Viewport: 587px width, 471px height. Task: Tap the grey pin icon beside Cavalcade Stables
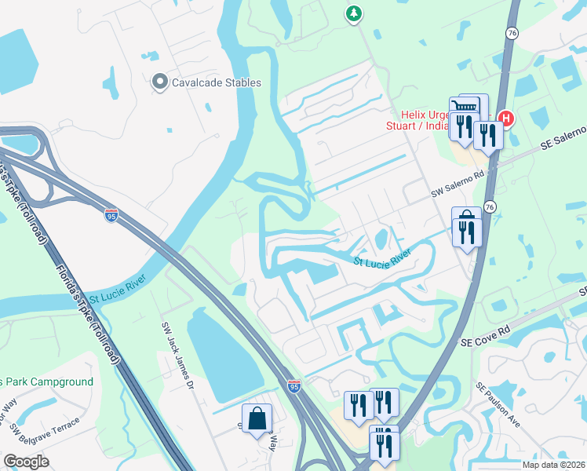coord(160,82)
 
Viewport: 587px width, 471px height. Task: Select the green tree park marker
coord(354,13)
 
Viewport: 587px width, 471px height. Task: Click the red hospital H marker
coord(506,119)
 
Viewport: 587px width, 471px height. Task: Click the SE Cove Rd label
coord(487,342)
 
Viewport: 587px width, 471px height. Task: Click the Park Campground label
coord(47,382)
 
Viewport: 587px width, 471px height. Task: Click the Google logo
coord(27,461)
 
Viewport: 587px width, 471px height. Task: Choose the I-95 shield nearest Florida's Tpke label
coord(112,214)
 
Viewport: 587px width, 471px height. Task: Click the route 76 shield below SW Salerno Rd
coord(490,206)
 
